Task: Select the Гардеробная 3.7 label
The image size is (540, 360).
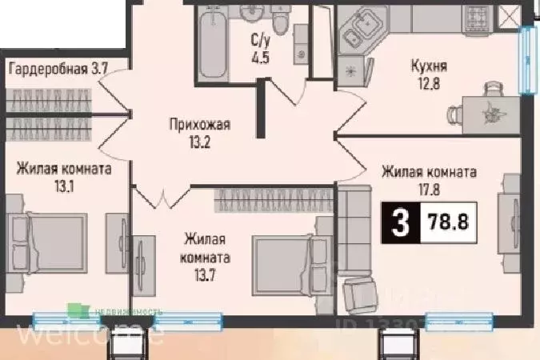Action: click(x=58, y=69)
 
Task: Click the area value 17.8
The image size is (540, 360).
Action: click(x=430, y=189)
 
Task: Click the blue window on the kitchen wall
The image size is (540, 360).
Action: click(x=527, y=58)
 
